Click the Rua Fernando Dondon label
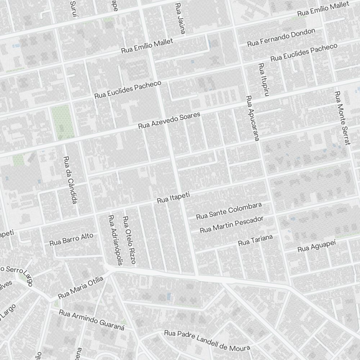[x=281, y=37]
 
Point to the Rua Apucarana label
[x=252, y=118]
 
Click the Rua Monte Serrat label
[x=342, y=118]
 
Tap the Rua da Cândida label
[x=70, y=180]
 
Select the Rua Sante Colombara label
[x=229, y=211]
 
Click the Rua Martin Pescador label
[x=231, y=224]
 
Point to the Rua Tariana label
[x=256, y=240]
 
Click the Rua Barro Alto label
[x=71, y=239]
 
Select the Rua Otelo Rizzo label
[x=129, y=240]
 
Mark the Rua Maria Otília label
[x=81, y=288]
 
